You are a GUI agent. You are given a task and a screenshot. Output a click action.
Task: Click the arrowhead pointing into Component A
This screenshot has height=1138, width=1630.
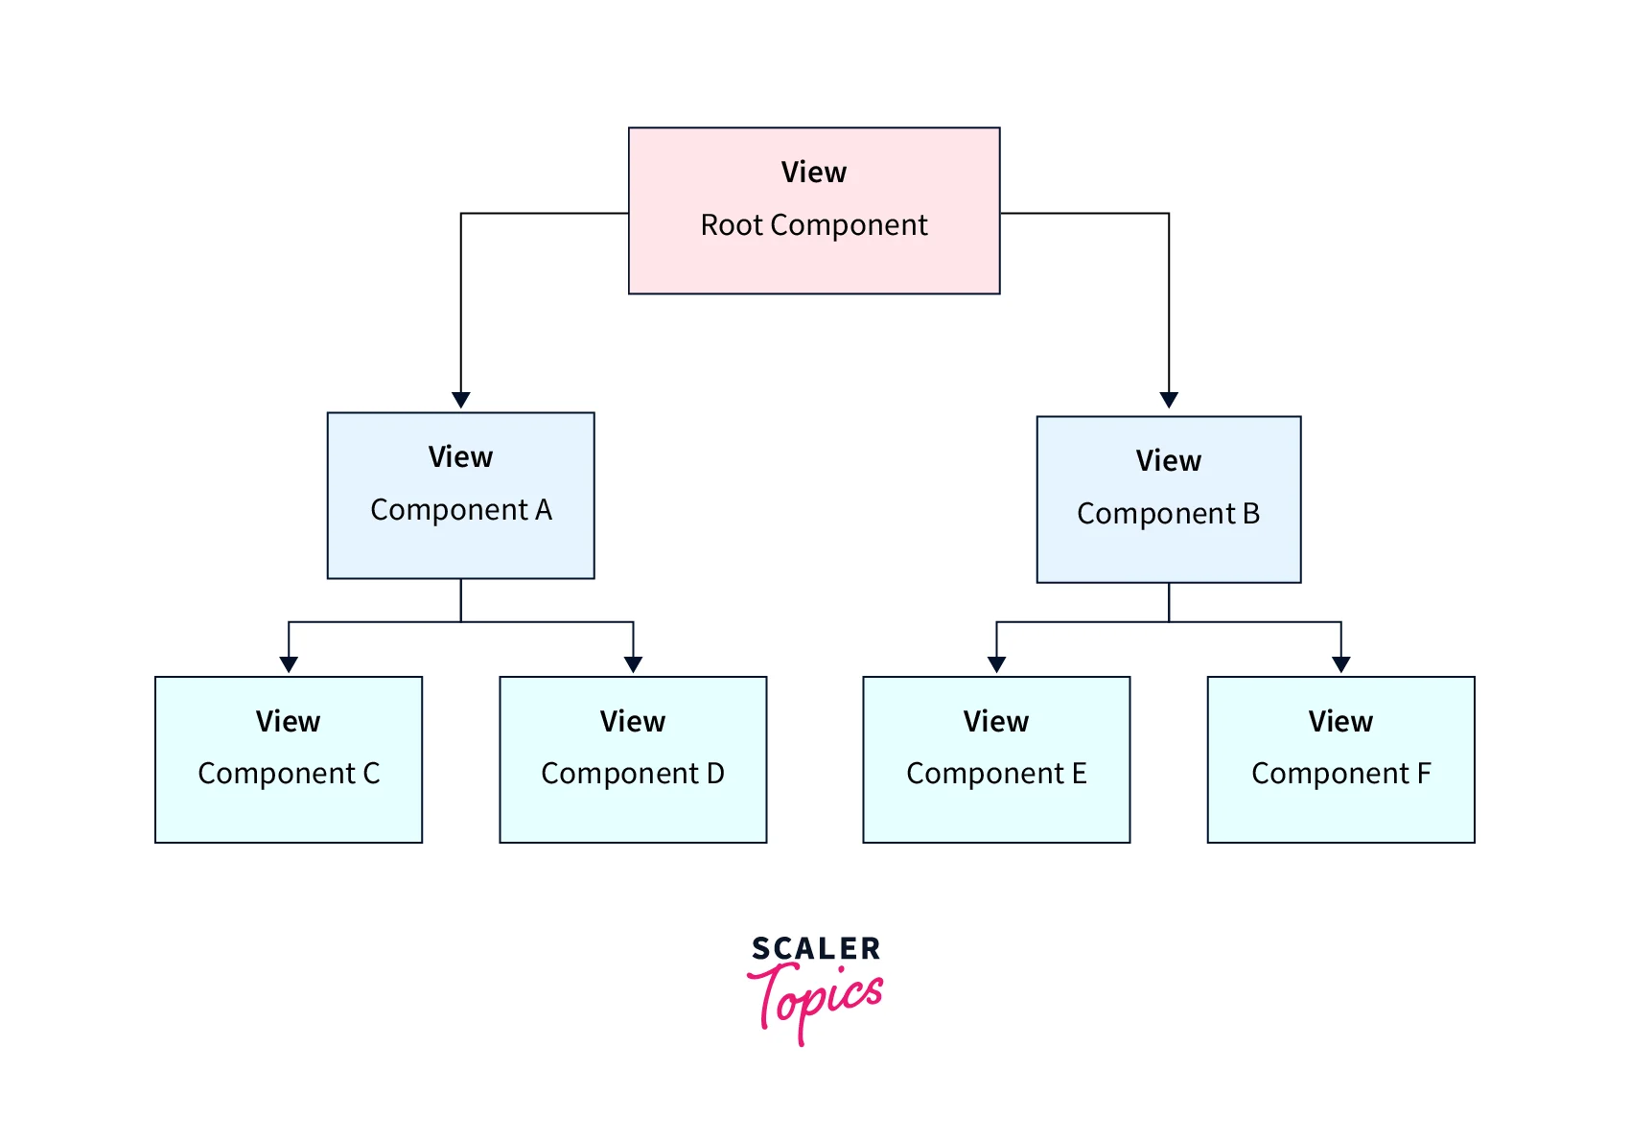click(x=461, y=400)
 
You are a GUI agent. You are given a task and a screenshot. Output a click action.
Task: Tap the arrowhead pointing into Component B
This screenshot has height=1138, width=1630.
click(x=1169, y=400)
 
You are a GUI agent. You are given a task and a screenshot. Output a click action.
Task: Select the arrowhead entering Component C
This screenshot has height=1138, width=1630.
click(x=289, y=664)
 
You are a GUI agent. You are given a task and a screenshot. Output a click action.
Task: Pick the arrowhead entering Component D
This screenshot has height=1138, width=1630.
click(x=633, y=664)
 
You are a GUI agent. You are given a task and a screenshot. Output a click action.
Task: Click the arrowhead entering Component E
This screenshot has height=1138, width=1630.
click(x=997, y=664)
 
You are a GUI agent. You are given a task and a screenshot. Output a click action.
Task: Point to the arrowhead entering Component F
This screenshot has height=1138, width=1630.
click(x=1341, y=664)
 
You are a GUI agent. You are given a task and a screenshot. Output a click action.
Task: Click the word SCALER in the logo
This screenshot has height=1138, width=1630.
click(x=816, y=948)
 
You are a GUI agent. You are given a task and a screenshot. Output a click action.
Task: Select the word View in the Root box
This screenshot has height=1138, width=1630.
click(x=814, y=173)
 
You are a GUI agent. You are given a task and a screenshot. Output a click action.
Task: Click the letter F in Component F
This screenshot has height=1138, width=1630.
click(x=1424, y=774)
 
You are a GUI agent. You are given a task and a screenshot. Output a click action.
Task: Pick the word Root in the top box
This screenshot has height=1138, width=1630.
click(x=732, y=225)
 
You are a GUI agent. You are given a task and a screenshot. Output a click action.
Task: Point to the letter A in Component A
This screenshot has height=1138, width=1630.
click(x=544, y=510)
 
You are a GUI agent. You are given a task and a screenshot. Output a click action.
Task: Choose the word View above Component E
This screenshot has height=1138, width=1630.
click(x=996, y=722)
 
